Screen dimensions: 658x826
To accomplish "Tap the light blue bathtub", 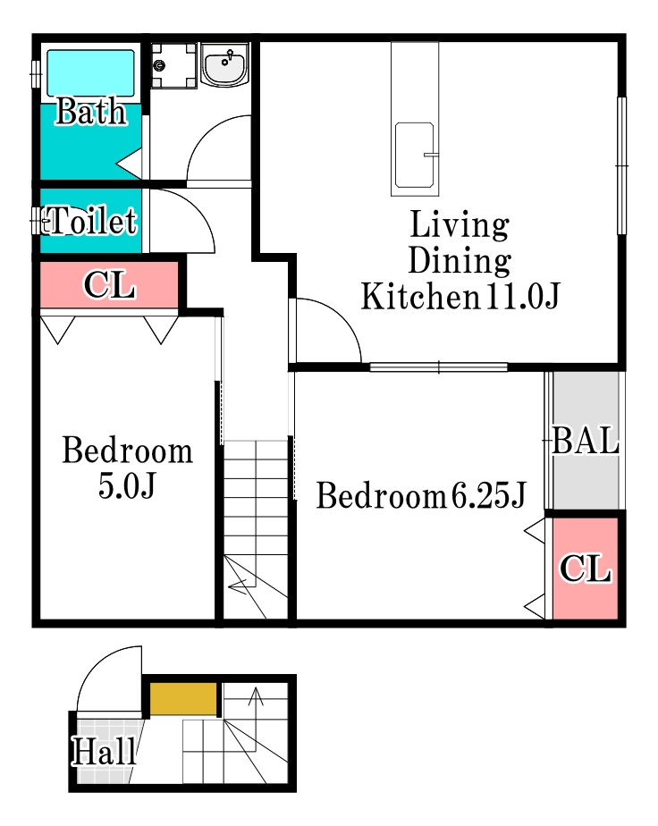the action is click(90, 73).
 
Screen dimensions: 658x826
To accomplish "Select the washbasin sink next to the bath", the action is click(225, 64).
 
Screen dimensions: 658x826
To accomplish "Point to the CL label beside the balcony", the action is click(586, 569).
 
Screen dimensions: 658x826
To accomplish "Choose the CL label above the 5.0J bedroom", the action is click(110, 285).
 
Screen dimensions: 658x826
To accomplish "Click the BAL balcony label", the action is click(586, 440).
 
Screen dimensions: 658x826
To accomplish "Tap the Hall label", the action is click(105, 751).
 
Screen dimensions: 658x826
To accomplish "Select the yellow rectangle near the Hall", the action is click(183, 699).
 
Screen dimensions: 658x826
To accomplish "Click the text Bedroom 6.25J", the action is click(420, 495).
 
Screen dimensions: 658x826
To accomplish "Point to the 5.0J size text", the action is click(127, 485).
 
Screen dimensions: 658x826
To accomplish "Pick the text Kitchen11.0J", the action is click(460, 296).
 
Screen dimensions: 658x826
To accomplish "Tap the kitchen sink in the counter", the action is click(415, 155).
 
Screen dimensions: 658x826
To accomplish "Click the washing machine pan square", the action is click(173, 65).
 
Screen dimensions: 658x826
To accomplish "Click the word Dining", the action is click(460, 260).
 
